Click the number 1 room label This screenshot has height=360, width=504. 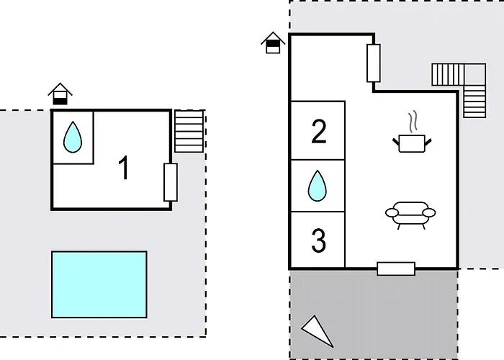click(x=125, y=168)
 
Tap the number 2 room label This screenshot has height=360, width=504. click(x=318, y=132)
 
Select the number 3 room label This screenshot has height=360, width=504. click(x=318, y=241)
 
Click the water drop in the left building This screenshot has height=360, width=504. click(x=72, y=137)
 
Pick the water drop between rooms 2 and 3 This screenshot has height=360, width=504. click(x=318, y=186)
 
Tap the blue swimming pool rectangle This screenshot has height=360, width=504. click(x=99, y=284)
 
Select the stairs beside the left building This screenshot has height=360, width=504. click(x=189, y=130)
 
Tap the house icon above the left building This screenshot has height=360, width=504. click(x=60, y=94)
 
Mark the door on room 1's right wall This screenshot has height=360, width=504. click(x=171, y=182)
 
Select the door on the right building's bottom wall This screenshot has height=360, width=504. click(x=396, y=269)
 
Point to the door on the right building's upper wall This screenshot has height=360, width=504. click(x=374, y=63)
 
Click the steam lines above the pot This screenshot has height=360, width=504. click(x=413, y=119)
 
